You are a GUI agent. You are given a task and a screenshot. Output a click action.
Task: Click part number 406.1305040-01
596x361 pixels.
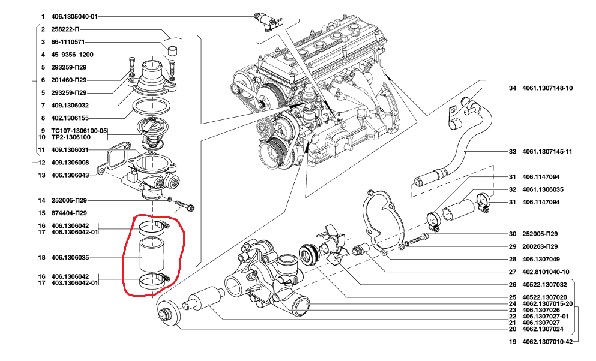point(74,17)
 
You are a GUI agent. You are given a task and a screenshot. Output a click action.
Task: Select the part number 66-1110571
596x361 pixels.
point(68,42)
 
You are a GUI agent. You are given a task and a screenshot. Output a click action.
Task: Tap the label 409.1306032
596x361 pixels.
point(70,106)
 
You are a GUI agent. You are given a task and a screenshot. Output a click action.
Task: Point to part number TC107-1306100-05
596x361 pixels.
point(79,131)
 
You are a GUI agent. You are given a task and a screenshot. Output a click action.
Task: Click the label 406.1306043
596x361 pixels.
point(70,175)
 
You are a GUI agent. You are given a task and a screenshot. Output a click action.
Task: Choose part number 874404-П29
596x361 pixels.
point(69,213)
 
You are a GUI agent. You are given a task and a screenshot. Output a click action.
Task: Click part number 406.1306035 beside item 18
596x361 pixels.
point(70,258)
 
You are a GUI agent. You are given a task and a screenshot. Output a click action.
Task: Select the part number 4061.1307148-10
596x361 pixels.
point(547,88)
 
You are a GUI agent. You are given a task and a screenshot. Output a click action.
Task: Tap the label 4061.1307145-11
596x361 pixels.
point(547,152)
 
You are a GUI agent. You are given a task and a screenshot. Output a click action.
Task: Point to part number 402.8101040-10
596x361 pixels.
point(546,272)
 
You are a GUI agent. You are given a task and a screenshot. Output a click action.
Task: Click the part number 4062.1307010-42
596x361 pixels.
point(547,342)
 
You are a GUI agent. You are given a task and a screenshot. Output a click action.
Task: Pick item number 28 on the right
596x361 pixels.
point(513,260)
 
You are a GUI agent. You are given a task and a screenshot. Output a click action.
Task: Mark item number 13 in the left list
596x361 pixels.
point(42,175)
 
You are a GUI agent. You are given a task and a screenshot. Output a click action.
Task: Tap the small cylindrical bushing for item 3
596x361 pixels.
point(174,50)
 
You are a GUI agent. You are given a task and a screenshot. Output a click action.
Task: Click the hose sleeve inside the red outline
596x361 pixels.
point(152,255)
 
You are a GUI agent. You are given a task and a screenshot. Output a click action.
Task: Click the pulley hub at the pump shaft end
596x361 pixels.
point(167,313)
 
